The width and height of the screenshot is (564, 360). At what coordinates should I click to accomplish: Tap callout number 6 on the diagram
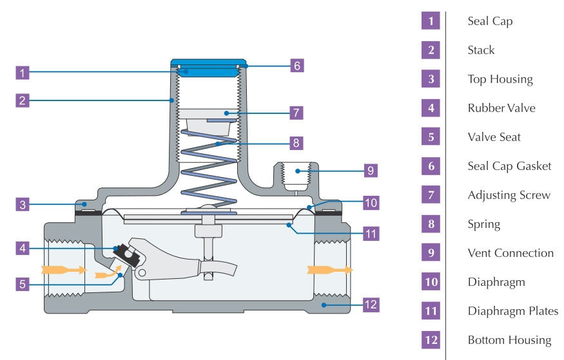296,65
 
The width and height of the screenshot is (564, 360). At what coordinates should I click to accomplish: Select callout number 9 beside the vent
370,170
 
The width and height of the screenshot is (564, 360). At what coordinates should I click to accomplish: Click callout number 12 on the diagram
370,304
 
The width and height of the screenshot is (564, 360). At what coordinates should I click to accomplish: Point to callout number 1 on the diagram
23,73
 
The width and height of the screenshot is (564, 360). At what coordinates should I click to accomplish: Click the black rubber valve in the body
122,252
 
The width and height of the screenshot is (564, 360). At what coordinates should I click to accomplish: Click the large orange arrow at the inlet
63,269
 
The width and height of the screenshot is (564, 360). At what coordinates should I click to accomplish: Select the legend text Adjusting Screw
509,195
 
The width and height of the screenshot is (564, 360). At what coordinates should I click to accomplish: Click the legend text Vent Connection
511,253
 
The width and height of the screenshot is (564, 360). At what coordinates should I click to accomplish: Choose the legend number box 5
431,137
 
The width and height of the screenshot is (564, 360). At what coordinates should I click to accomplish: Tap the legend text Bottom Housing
509,340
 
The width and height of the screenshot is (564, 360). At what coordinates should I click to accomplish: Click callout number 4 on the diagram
23,246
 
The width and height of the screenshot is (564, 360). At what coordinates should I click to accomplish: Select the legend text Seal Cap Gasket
509,166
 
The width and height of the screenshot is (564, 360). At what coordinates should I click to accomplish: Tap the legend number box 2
431,50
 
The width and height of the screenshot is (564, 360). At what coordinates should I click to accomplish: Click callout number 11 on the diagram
370,233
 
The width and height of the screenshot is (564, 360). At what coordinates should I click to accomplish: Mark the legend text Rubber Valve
501,108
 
